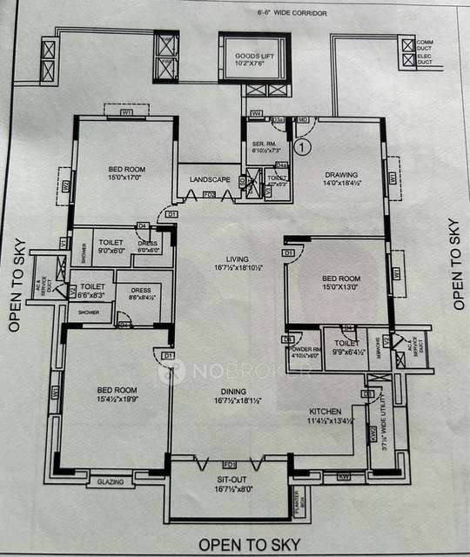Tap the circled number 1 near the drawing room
(x=302, y=147)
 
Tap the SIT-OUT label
(x=231, y=484)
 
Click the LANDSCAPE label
(x=210, y=179)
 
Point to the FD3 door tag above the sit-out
(x=230, y=465)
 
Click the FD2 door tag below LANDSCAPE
(x=209, y=193)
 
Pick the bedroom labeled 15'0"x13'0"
(x=336, y=285)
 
